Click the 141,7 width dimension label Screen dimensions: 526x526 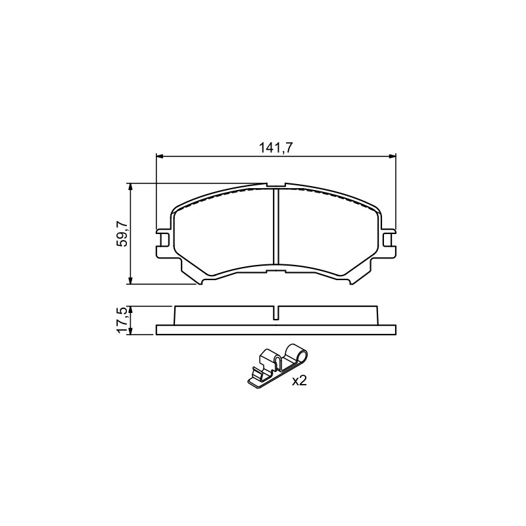(275, 147)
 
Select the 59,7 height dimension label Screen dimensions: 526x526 (122, 234)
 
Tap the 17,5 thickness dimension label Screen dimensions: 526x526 (122, 320)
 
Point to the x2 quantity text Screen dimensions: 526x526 (300, 381)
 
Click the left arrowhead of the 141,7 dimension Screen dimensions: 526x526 (160, 156)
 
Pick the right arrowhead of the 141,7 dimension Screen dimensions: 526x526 (392, 156)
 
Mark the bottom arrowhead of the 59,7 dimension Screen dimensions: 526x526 (131, 281)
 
